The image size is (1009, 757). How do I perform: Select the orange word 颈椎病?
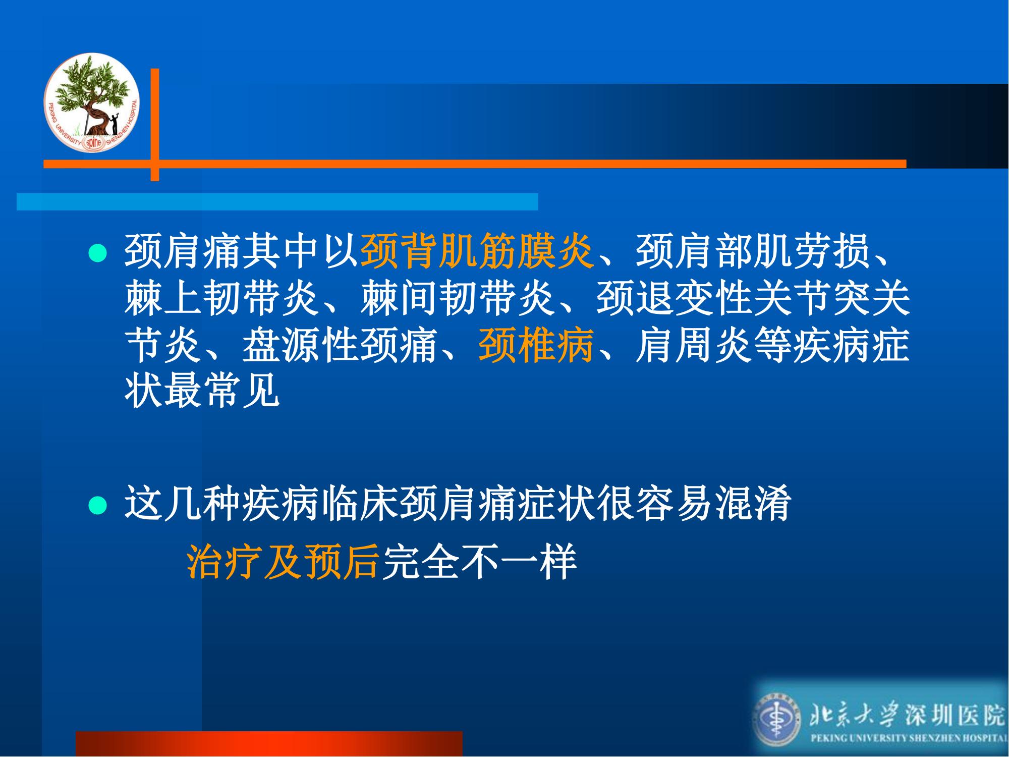point(536,346)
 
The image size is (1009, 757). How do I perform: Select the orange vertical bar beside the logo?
point(155,125)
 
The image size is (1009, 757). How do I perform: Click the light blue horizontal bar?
point(277,201)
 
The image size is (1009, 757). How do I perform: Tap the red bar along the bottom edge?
point(269,744)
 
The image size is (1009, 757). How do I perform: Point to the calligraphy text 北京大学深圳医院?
point(907,715)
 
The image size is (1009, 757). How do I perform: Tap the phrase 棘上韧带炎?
point(222,299)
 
